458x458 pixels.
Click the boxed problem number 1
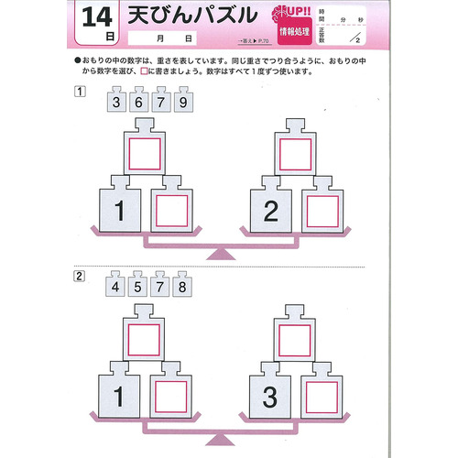(81, 90)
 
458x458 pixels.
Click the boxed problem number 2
(81, 276)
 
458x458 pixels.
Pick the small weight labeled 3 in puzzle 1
(116, 103)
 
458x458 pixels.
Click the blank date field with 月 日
(174, 40)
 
